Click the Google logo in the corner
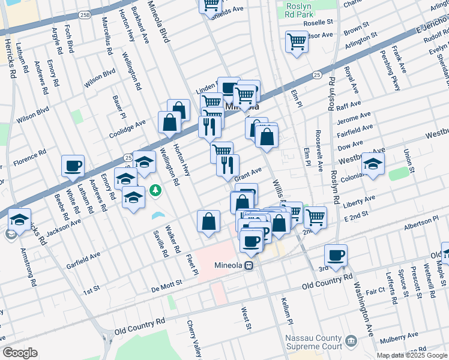(x=20, y=353)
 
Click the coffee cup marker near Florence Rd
(x=73, y=166)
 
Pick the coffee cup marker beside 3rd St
(x=336, y=255)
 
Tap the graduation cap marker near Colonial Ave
(x=373, y=164)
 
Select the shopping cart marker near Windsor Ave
(x=297, y=42)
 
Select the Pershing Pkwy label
(x=396, y=75)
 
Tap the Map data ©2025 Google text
(x=411, y=355)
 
